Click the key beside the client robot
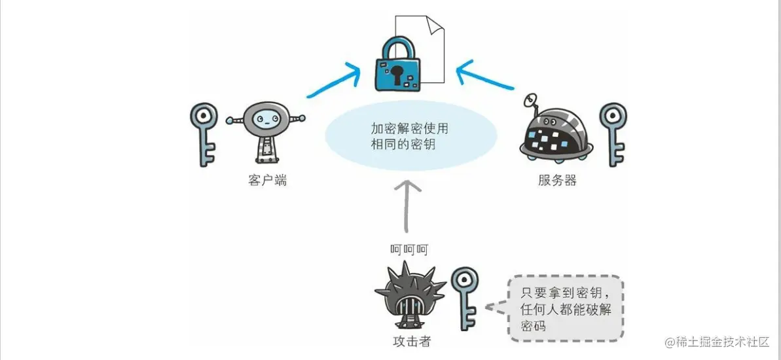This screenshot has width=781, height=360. point(204,134)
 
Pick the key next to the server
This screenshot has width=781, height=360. point(613,134)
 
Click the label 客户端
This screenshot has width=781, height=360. point(267,180)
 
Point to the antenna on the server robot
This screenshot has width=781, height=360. point(531,102)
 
